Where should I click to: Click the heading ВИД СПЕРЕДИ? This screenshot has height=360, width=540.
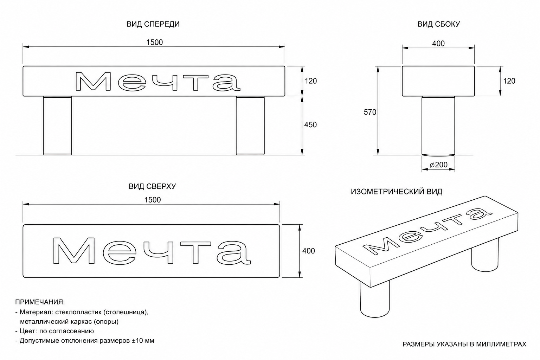tap(153, 24)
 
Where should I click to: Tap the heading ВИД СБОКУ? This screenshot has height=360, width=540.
tap(439, 24)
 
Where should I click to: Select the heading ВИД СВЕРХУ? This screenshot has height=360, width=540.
tap(152, 186)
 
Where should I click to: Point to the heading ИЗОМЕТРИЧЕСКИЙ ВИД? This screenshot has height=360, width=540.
tap(397, 192)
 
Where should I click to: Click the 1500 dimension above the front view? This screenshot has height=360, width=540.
tap(155, 43)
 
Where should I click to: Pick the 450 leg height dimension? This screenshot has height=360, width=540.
tap(310, 125)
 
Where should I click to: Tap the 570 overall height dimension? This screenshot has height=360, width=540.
tap(370, 112)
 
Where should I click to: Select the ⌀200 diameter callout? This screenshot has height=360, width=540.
tap(439, 165)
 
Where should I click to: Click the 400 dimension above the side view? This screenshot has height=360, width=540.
tap(438, 44)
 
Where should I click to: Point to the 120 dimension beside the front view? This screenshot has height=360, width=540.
tap(311, 81)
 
